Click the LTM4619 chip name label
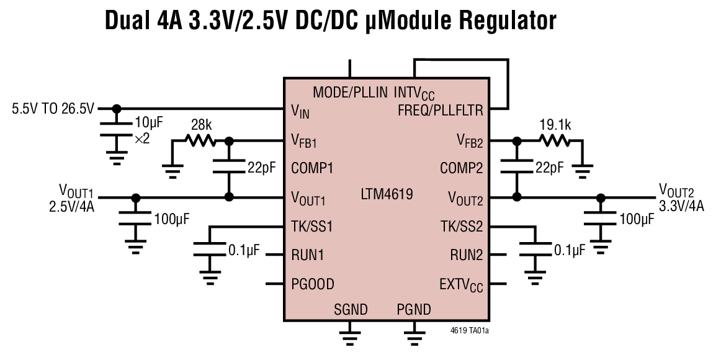(x=387, y=194)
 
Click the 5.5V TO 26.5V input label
(x=53, y=109)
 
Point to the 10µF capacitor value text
(x=148, y=123)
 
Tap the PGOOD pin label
(x=313, y=284)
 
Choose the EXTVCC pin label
(x=460, y=285)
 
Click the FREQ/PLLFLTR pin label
(x=440, y=110)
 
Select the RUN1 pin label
(x=308, y=255)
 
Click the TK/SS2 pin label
(x=462, y=227)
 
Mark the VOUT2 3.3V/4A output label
(x=681, y=197)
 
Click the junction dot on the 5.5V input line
(x=116, y=109)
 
